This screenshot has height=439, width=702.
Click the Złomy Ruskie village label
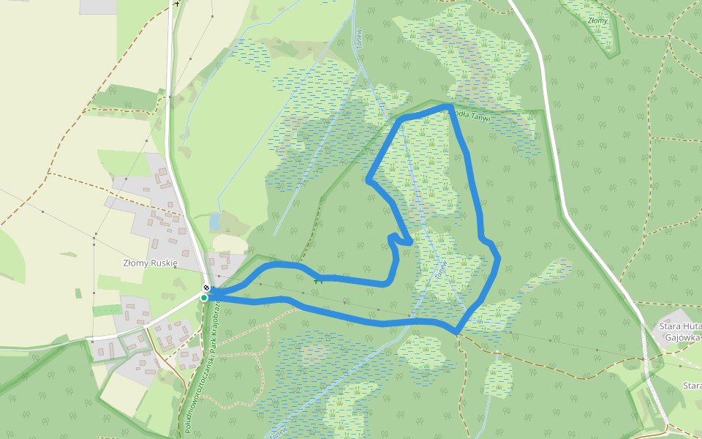[150, 263]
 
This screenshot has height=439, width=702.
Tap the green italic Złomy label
[597, 20]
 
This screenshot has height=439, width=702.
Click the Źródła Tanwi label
[468, 115]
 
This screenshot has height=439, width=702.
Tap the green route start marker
[204, 298]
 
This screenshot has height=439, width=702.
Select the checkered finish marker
[206, 288]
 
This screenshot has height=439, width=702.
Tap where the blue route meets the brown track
[456, 332]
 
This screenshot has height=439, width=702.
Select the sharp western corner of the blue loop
[369, 178]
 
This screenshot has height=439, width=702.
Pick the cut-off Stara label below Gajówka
[692, 386]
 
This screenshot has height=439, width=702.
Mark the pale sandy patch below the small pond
[228, 242]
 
